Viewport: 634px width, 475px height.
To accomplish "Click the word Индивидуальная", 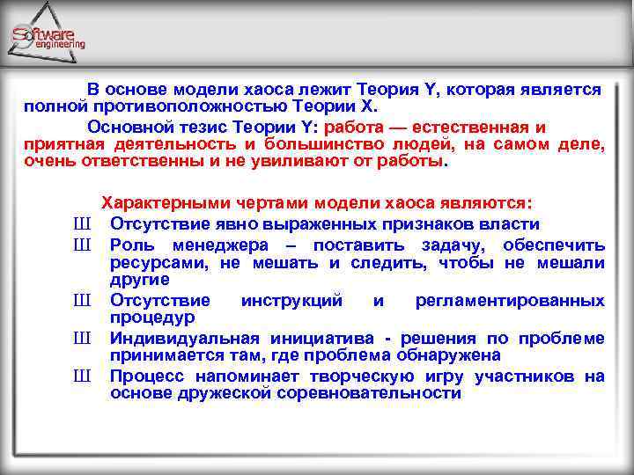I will coord(184,339).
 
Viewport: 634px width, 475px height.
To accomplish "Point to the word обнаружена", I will coord(453,355).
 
